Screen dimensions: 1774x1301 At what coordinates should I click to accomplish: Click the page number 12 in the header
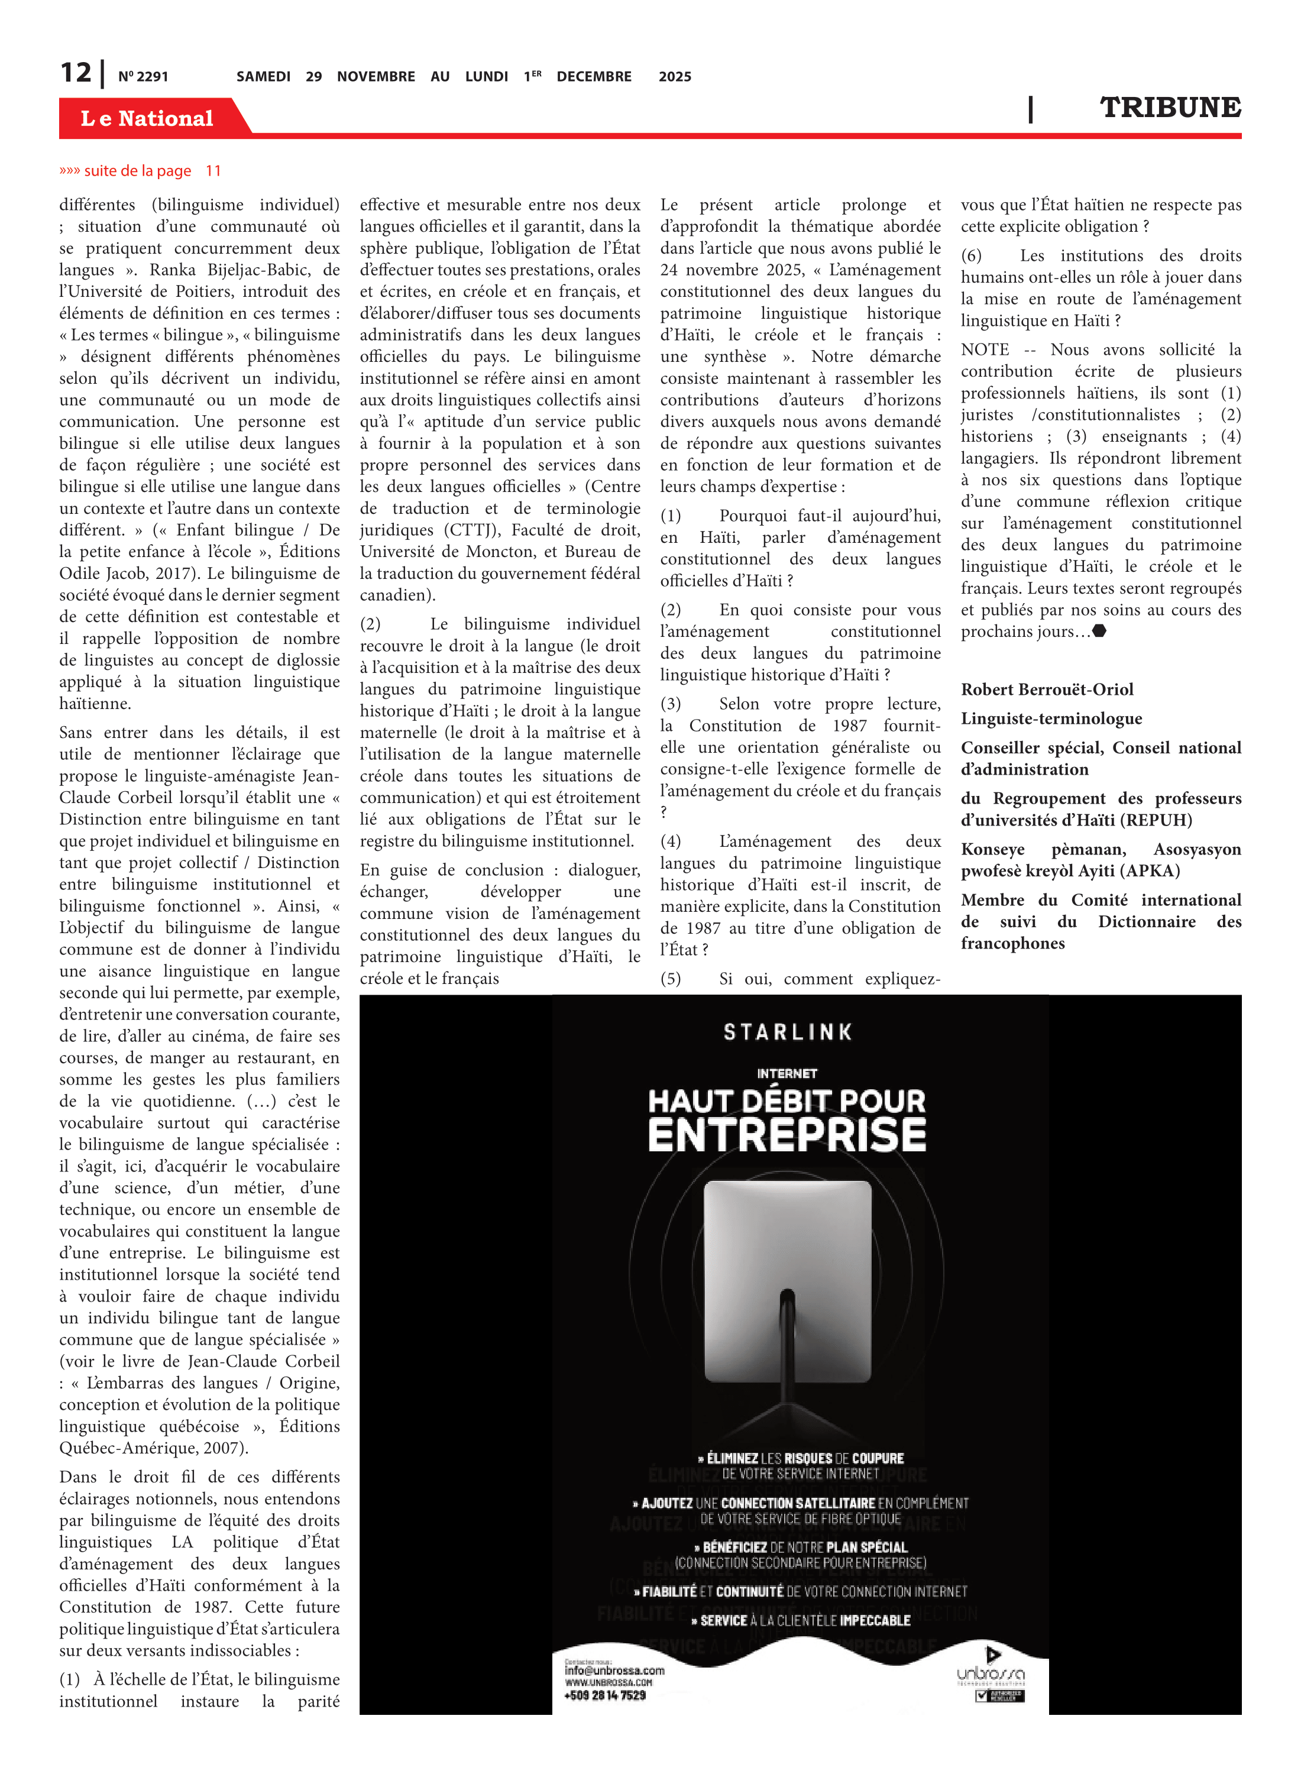click(76, 73)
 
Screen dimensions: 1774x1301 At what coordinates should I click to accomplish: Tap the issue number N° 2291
click(143, 76)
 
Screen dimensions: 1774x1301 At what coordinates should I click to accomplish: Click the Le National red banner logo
click(147, 118)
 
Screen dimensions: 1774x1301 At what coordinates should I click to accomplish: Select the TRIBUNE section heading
click(1170, 108)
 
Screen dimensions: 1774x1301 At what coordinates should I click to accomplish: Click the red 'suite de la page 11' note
click(140, 171)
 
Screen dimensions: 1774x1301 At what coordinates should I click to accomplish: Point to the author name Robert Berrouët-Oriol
click(1047, 689)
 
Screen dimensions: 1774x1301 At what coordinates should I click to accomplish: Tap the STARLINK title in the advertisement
click(788, 1032)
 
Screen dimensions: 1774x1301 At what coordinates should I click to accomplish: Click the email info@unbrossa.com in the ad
click(614, 1670)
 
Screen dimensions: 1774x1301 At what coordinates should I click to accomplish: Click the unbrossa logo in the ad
click(991, 1674)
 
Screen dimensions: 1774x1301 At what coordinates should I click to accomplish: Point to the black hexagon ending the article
click(1099, 631)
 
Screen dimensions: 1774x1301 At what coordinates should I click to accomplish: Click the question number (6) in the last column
click(971, 256)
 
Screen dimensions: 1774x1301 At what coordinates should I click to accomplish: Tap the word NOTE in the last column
click(985, 349)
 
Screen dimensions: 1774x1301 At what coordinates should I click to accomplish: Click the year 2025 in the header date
click(675, 76)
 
